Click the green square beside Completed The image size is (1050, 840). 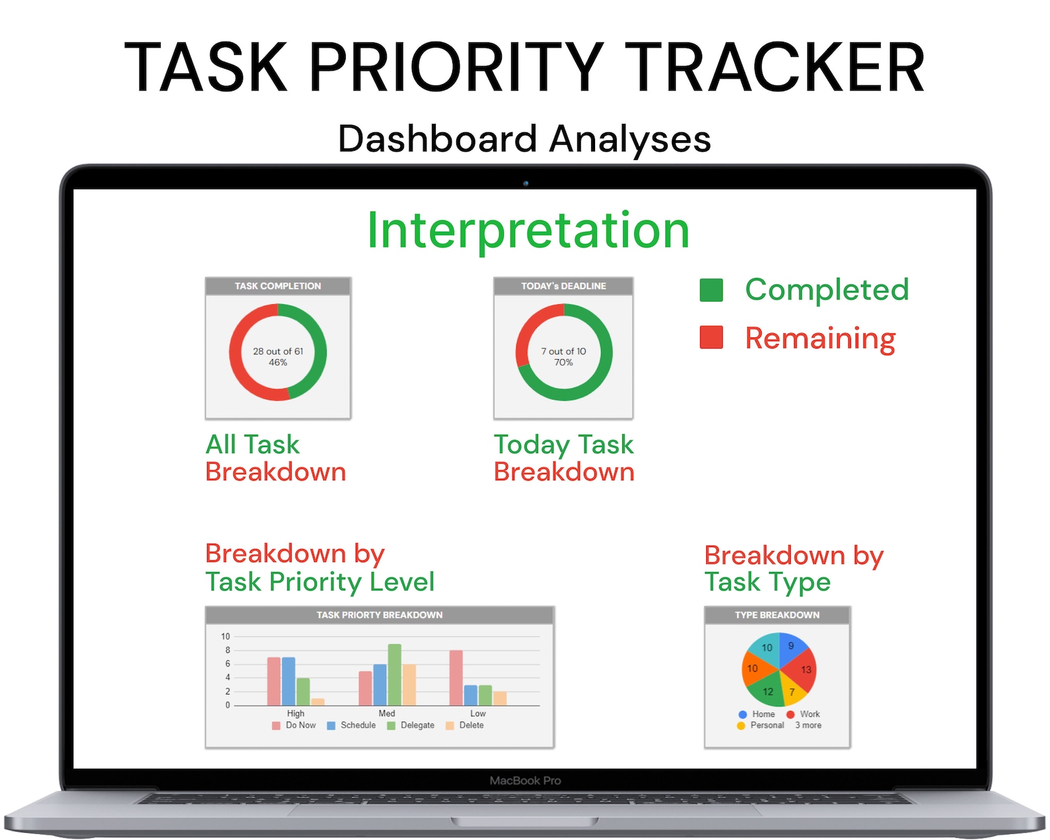pyautogui.click(x=711, y=290)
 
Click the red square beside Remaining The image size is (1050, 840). pyautogui.click(x=711, y=337)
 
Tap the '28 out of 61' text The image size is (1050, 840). pyautogui.click(x=278, y=351)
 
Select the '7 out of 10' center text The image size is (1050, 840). pyautogui.click(x=563, y=351)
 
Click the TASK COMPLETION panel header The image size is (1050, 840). pyautogui.click(x=278, y=286)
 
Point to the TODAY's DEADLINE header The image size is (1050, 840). pyautogui.click(x=563, y=286)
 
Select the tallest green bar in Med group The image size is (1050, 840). pyautogui.click(x=394, y=675)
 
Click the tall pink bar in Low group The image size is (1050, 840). pyautogui.click(x=456, y=678)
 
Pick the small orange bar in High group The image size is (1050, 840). pyautogui.click(x=317, y=702)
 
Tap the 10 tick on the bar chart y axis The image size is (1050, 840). pyautogui.click(x=225, y=636)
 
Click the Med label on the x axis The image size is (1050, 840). pyautogui.click(x=387, y=714)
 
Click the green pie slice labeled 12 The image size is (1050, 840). pyautogui.click(x=767, y=691)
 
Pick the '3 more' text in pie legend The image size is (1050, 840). pyautogui.click(x=808, y=726)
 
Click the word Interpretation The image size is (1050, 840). pyautogui.click(x=528, y=230)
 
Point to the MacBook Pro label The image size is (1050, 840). pyautogui.click(x=525, y=780)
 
